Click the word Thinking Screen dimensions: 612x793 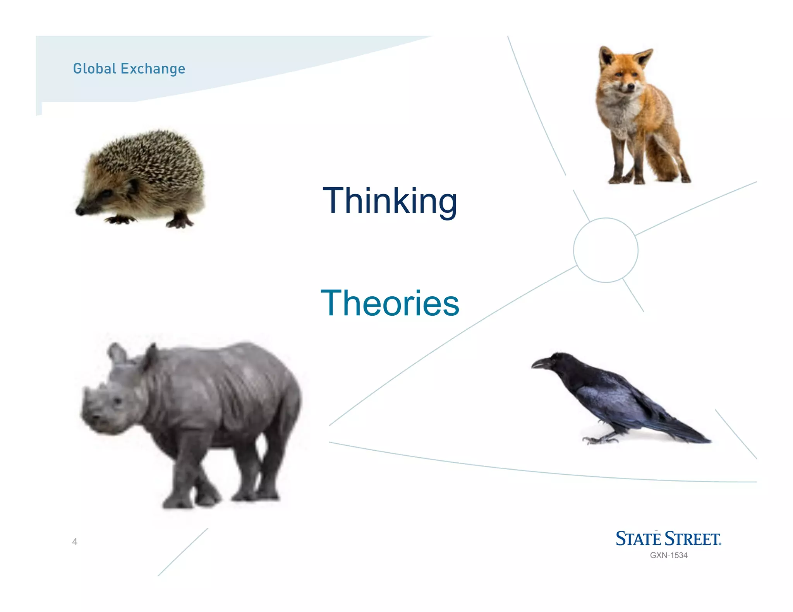(390, 201)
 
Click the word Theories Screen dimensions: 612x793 (390, 304)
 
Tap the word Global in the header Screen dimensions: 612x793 (94, 69)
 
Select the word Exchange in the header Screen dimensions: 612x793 (153, 69)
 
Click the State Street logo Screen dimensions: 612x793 (668, 539)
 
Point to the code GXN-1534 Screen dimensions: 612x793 (669, 556)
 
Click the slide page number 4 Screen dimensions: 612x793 (75, 542)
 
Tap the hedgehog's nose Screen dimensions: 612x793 (79, 211)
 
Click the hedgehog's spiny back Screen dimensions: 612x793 (155, 155)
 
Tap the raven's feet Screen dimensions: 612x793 (598, 439)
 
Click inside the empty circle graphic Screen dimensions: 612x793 (606, 250)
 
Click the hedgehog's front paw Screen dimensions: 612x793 (120, 220)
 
